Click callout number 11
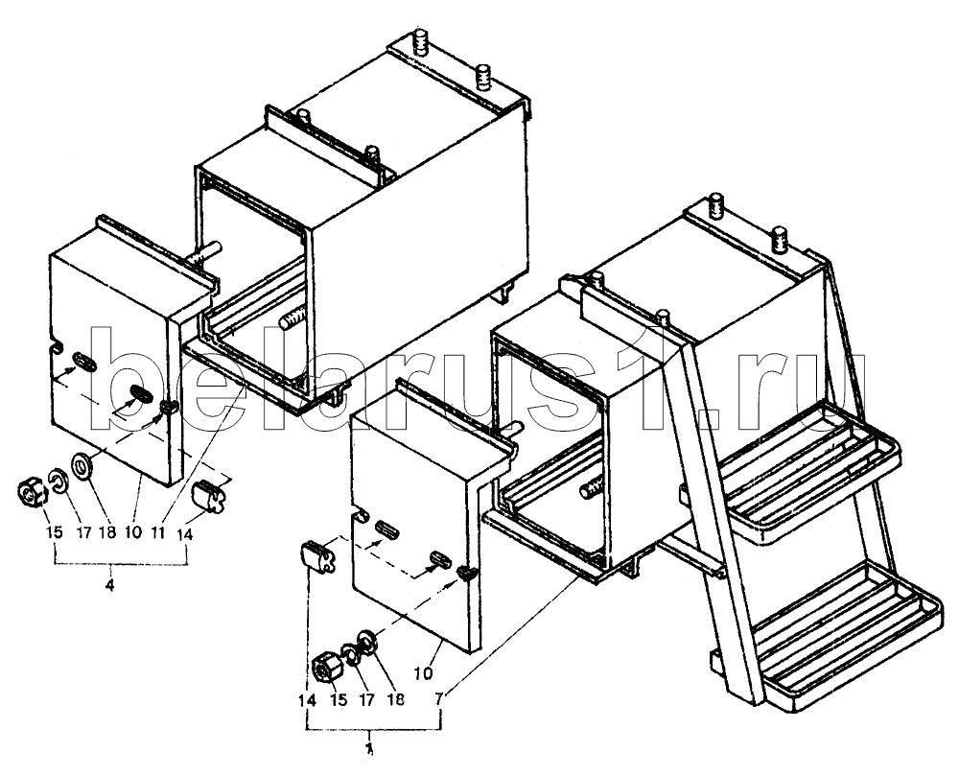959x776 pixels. [x=158, y=532]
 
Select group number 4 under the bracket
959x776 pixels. [x=110, y=585]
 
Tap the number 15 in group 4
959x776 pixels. [x=54, y=532]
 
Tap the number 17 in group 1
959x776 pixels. [x=366, y=700]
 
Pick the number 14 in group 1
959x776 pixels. [x=308, y=700]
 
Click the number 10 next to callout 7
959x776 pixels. [x=423, y=673]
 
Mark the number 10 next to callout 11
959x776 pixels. [x=132, y=532]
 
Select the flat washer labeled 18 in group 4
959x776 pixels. [x=82, y=465]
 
